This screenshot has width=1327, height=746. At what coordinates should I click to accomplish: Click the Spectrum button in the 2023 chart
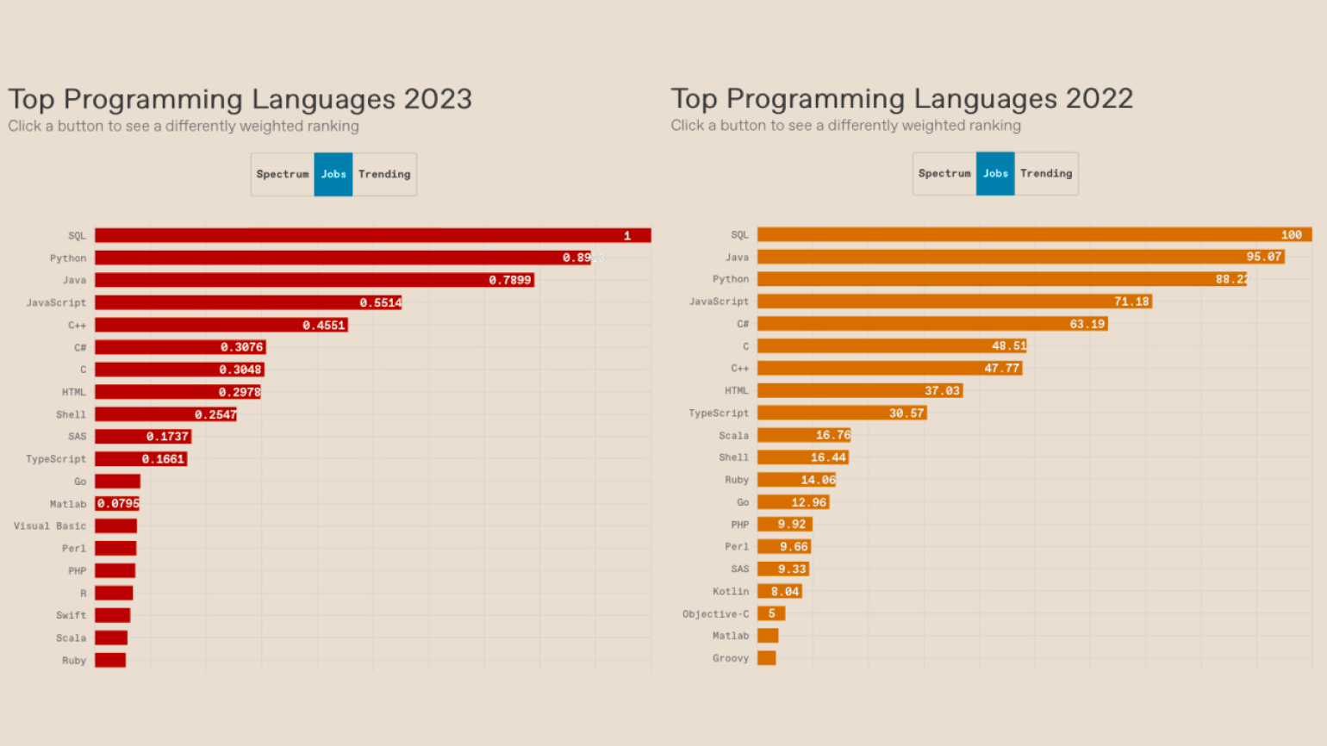283,174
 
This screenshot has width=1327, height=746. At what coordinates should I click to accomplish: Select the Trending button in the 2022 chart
1046,173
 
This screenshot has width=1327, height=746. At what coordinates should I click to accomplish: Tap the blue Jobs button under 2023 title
333,174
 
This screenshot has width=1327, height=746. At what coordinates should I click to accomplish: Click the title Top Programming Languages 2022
901,99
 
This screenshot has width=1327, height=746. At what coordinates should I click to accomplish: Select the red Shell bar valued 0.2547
165,414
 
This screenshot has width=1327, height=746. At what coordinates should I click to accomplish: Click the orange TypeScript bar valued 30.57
841,413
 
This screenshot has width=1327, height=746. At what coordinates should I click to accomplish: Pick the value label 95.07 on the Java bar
1263,257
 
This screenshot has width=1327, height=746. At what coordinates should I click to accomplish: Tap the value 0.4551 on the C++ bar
323,325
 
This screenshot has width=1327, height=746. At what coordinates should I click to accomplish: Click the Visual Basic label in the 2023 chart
50,525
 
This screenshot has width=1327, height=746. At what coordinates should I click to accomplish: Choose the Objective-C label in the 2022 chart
715,613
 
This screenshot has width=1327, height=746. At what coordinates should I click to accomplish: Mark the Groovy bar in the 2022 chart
766,658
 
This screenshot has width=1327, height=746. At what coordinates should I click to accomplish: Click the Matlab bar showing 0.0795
117,504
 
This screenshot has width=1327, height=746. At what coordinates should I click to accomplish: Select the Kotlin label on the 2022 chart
730,591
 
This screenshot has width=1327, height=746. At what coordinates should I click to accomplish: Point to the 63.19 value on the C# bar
1087,324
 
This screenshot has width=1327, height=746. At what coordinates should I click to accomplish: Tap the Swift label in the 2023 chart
71,615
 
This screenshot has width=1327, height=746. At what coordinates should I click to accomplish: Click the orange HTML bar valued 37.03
859,390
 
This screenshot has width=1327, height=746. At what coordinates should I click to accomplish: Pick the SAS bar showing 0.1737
142,437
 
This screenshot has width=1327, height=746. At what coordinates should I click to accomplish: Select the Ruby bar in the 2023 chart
110,660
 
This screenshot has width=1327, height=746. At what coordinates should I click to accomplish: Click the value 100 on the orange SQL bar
1291,234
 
